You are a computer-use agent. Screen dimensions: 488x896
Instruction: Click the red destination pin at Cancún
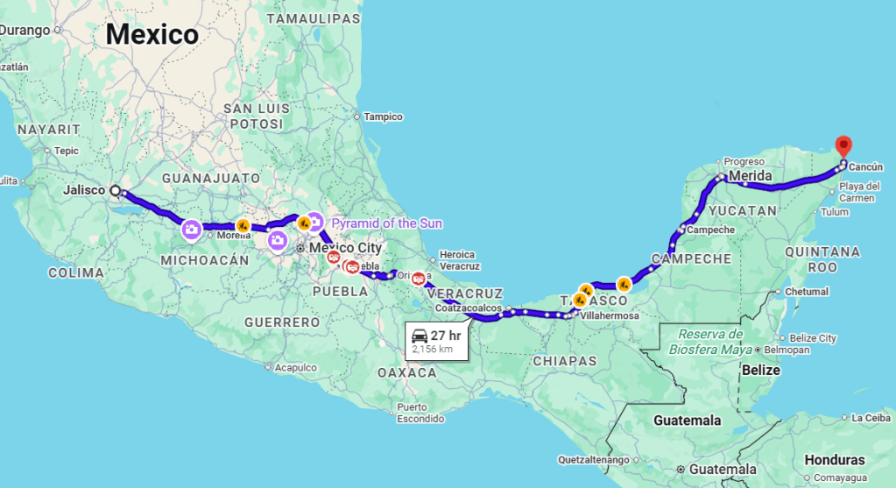tap(843, 146)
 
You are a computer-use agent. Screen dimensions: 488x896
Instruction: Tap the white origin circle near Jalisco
tap(115, 190)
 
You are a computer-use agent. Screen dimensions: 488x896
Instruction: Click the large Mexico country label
tap(152, 35)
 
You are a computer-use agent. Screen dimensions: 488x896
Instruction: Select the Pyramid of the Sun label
tap(386, 223)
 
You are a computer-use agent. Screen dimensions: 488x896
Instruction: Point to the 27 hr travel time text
tap(445, 336)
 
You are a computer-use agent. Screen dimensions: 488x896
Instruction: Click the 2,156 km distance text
tap(433, 350)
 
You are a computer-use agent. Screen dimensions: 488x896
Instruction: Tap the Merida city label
tap(751, 176)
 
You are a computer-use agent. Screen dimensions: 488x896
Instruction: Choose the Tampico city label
tap(383, 117)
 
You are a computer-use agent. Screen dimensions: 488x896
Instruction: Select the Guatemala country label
tap(687, 421)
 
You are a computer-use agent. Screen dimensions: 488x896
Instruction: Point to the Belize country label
tap(760, 370)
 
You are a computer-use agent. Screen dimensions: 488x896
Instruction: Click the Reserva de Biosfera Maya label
tap(710, 343)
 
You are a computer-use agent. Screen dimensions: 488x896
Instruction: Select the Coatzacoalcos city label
tap(469, 308)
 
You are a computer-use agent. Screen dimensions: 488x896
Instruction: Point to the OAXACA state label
tap(406, 372)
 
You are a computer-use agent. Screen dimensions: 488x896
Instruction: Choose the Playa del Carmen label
tap(858, 192)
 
